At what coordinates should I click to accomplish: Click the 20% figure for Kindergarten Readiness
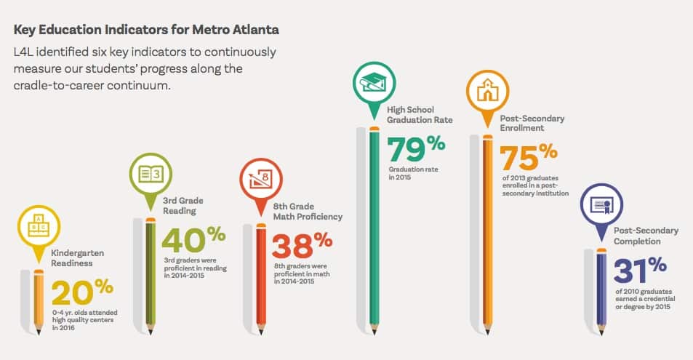(x=82, y=293)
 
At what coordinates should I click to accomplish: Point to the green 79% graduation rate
(x=415, y=148)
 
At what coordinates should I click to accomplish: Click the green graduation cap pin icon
(x=374, y=81)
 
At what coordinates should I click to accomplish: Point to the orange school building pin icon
(x=487, y=91)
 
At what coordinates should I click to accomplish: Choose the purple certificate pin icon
(x=601, y=204)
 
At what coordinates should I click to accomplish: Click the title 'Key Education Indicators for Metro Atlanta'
(x=146, y=31)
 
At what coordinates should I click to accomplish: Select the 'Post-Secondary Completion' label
(x=646, y=236)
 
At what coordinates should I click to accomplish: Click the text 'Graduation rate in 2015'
(x=412, y=173)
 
